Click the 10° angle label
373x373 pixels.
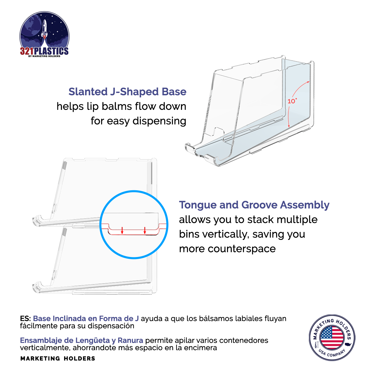click(292, 101)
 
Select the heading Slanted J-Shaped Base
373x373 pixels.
click(127, 92)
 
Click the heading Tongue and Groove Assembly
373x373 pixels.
click(254, 205)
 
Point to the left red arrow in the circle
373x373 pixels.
click(122, 230)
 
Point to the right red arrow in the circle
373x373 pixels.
click(145, 230)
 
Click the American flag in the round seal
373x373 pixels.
click(332, 337)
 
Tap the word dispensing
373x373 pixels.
click(159, 121)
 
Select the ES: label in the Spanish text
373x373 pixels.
click(26, 319)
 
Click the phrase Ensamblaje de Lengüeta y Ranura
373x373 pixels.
click(82, 340)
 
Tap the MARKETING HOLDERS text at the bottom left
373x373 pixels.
click(58, 358)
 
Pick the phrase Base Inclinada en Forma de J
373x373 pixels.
click(86, 319)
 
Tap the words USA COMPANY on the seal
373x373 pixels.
click(332, 353)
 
